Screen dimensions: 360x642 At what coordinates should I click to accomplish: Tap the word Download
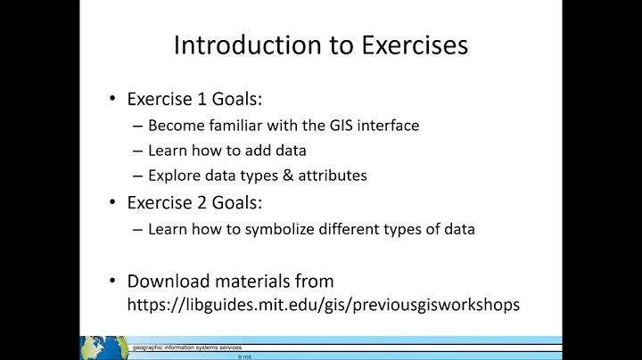pos(166,282)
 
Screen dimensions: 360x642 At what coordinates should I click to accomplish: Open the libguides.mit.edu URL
pos(324,305)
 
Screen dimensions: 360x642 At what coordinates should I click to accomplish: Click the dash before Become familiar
pos(137,126)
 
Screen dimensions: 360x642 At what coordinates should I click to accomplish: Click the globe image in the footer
pos(104,348)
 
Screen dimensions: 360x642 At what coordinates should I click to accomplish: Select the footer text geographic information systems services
pos(187,347)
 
